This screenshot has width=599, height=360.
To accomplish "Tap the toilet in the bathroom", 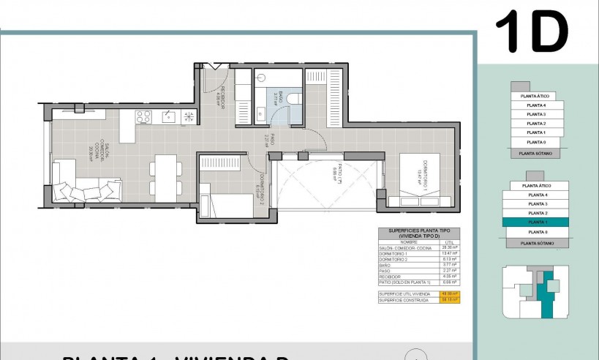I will point(293,99).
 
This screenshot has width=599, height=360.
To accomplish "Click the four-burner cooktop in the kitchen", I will point(143,116).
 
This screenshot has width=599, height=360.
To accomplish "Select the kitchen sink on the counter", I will point(167,116).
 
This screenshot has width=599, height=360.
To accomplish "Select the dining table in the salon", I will point(166,176).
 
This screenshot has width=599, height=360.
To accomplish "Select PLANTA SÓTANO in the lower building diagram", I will point(536,243).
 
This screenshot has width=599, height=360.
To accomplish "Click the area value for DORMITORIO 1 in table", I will point(451,254).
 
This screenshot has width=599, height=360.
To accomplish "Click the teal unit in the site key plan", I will point(545,293).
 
